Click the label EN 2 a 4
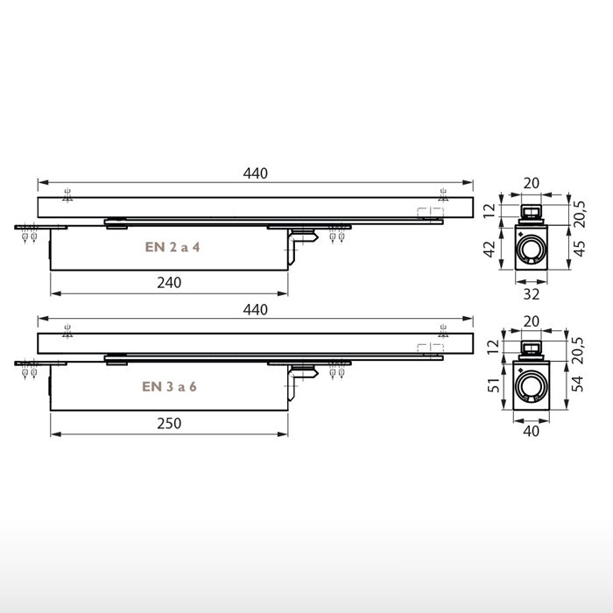[x=173, y=247]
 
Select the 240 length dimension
[x=169, y=282]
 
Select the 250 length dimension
[x=169, y=423]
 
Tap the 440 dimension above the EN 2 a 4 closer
[x=255, y=173]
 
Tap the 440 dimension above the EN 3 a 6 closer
[x=255, y=310]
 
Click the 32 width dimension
[x=532, y=294]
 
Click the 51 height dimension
[x=490, y=386]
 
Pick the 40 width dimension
[x=532, y=431]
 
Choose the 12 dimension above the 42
[x=490, y=210]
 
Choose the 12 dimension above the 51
[x=490, y=348]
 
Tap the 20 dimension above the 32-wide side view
[x=532, y=182]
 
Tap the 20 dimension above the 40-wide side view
[x=532, y=321]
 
